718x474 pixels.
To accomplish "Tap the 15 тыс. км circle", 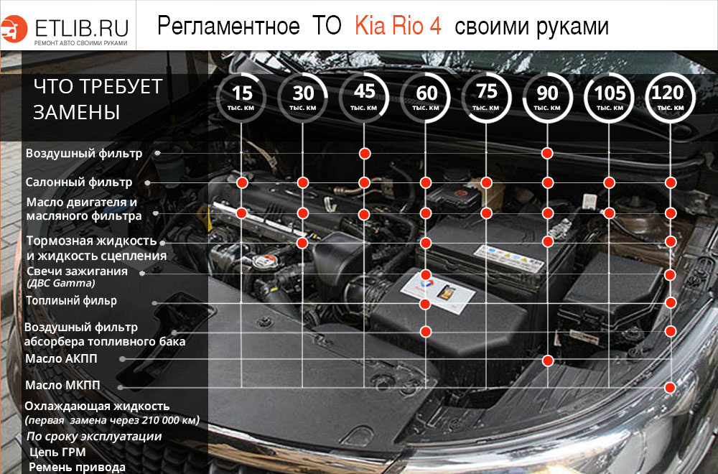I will point(242,96).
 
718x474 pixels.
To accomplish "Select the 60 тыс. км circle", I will point(426,96).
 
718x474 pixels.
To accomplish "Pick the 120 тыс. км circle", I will point(671,96).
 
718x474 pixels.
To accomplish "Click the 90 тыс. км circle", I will point(548,96).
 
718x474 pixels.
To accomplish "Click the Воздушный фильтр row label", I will point(84,154).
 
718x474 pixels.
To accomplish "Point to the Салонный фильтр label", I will point(79,182).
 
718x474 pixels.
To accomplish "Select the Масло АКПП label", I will point(61,358).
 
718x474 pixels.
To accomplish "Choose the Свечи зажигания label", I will point(77,271).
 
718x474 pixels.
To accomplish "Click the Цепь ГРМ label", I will point(58,452).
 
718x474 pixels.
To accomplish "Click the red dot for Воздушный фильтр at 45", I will point(365,154).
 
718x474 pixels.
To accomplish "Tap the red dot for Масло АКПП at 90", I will point(548,360).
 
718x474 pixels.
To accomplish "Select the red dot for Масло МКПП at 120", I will point(670,387).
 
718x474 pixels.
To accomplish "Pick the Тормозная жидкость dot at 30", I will point(302,243).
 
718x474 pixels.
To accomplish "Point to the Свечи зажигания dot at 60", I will point(426,275).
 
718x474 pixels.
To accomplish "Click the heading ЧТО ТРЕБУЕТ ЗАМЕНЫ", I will point(98,99).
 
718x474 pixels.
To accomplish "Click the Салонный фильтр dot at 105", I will point(610,182).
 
